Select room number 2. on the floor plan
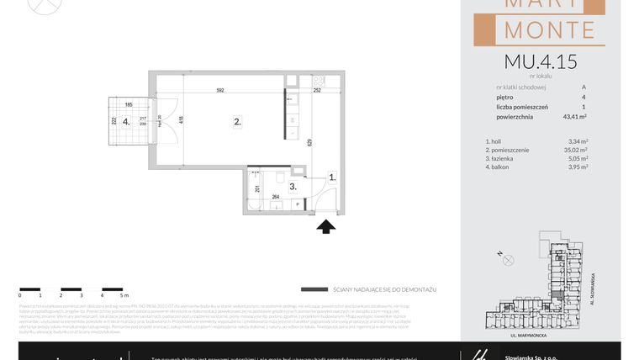(238, 122)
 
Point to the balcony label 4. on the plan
(126, 122)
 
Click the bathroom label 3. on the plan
(293, 186)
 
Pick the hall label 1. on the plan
(332, 177)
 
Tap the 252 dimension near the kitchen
(318, 90)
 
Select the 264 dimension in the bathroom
(275, 197)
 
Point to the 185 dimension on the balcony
(129, 105)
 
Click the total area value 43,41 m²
(574, 118)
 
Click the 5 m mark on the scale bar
(123, 296)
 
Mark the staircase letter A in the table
(584, 87)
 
